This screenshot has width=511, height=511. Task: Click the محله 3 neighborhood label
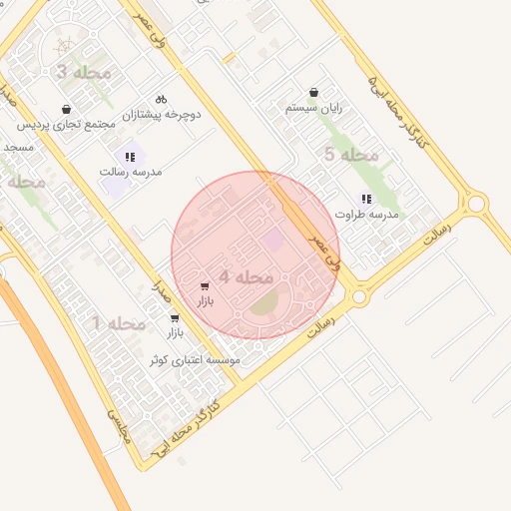76,73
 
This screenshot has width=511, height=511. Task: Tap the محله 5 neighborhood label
352,154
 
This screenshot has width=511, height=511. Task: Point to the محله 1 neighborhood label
119,324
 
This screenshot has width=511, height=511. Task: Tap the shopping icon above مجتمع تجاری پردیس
66,109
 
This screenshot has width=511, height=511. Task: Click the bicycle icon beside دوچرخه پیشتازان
161,99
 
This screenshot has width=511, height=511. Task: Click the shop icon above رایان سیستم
314,92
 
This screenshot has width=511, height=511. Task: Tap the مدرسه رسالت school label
131,172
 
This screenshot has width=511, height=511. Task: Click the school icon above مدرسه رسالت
130,157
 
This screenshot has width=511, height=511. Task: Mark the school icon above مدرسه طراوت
366,199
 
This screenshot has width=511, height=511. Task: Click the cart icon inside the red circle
205,286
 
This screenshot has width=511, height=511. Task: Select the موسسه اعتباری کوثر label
195,359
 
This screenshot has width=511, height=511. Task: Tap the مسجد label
18,147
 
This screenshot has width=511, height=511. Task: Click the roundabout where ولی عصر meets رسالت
359,296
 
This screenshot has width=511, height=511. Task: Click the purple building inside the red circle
272,240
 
